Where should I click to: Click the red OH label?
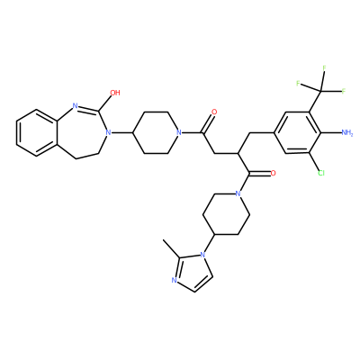point(115,93)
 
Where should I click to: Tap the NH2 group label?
point(347,132)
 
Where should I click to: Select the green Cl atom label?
point(321,173)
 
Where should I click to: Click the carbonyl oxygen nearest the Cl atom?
point(273,173)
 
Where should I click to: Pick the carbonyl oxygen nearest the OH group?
point(214,112)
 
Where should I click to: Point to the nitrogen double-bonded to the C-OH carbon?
point(76,105)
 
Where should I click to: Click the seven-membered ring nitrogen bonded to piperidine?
point(109,132)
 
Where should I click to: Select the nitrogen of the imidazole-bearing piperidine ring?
point(238,193)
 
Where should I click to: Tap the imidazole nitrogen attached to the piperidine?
point(202,256)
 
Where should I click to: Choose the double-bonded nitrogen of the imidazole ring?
point(174,281)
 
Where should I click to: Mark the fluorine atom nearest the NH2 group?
point(344,91)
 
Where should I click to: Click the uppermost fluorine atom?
point(324,68)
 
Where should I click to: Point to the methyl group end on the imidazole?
point(163,240)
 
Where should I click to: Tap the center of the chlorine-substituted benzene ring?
point(297,132)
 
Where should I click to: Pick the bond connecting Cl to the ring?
point(314,162)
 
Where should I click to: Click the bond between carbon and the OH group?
point(105,103)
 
